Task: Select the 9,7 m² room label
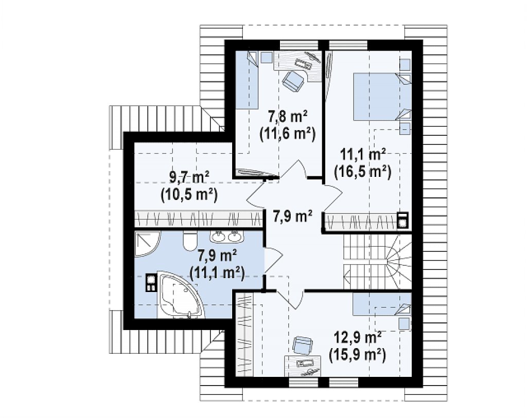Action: (189, 177)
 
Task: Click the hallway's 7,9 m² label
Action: (293, 216)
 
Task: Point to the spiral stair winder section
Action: (399, 262)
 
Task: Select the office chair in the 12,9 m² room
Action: (303, 346)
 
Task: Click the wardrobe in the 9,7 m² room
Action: (198, 219)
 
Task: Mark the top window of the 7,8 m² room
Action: (299, 45)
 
